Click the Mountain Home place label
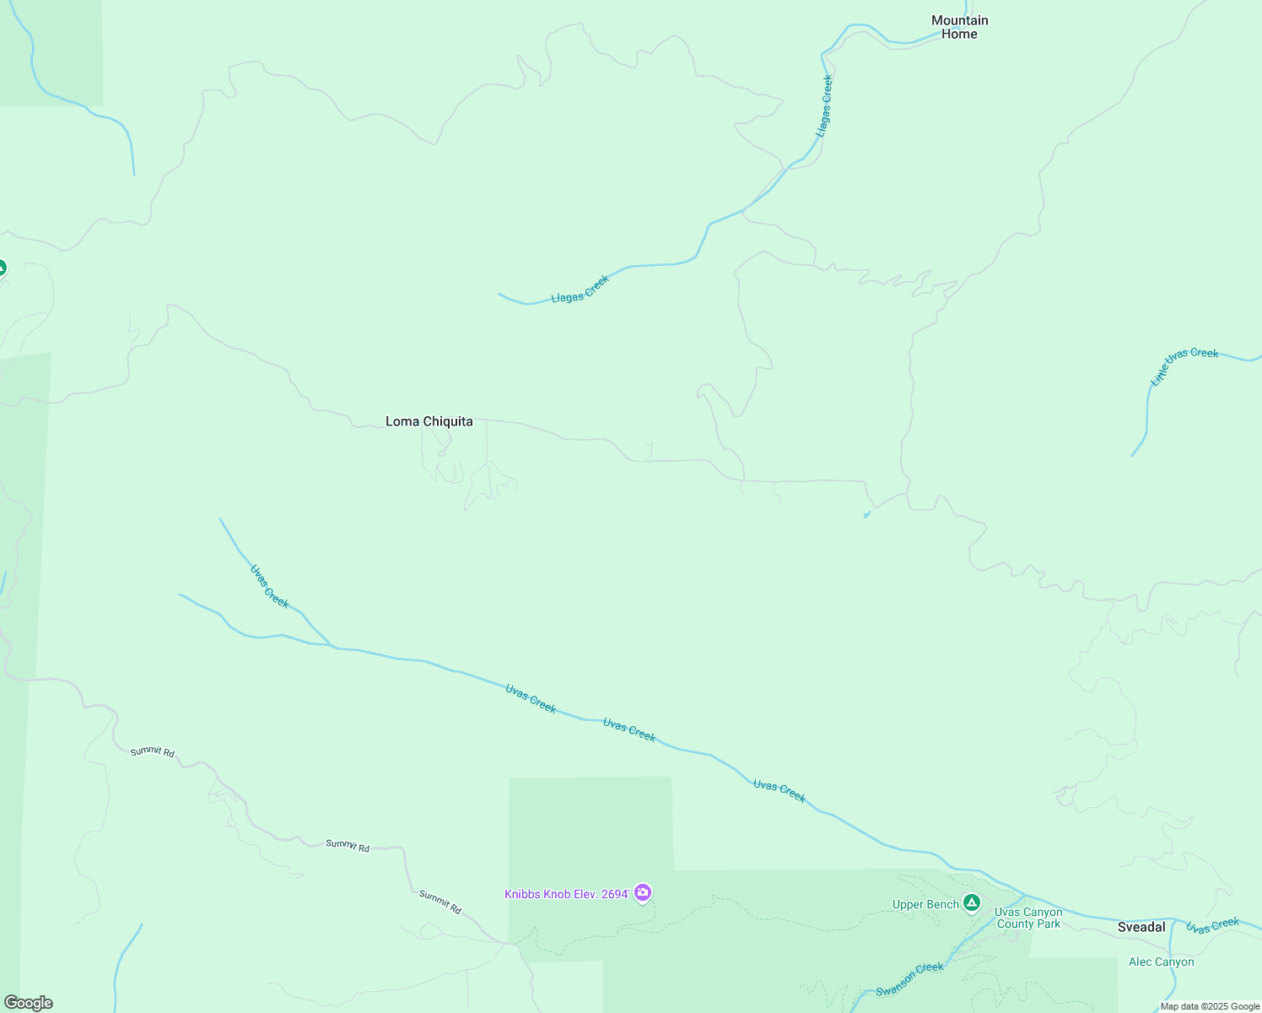click(959, 27)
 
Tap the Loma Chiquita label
click(429, 421)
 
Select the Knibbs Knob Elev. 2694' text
click(567, 894)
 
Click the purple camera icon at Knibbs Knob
click(643, 892)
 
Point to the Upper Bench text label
click(925, 904)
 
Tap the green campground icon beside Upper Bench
click(972, 903)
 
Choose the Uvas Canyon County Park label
click(1028, 918)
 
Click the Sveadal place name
click(1141, 927)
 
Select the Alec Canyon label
click(1162, 962)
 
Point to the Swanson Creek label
click(909, 979)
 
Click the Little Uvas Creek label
click(1184, 366)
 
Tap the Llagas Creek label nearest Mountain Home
click(824, 106)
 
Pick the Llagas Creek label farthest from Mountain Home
click(580, 290)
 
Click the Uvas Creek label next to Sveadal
click(1212, 925)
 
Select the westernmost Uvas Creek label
click(269, 586)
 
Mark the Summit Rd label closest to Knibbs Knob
click(440, 902)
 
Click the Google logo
click(28, 1003)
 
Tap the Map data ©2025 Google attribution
click(1210, 1006)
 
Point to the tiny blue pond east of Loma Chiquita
click(866, 514)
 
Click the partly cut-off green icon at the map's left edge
click(3, 268)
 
